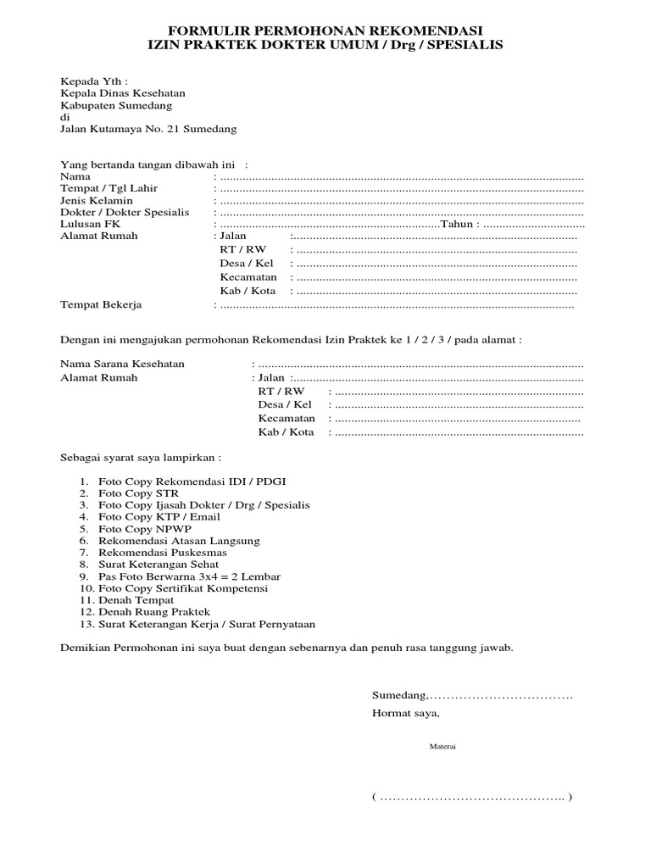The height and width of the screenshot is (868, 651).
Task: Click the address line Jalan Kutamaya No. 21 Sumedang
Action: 148,129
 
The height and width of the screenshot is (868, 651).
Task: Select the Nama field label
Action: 75,175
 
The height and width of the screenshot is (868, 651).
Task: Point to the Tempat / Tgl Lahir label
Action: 108,187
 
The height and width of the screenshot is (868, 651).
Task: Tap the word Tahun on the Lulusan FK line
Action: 458,224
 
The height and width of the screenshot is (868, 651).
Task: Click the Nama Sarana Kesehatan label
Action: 121,364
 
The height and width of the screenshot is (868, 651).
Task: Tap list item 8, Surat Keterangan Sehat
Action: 159,564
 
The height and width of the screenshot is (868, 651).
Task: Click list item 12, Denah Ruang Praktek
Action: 153,611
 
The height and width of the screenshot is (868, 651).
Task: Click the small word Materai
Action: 441,747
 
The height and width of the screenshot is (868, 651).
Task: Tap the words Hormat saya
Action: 406,713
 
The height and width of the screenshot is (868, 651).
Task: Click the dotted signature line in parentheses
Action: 471,797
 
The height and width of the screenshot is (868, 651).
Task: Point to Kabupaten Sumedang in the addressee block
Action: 115,105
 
